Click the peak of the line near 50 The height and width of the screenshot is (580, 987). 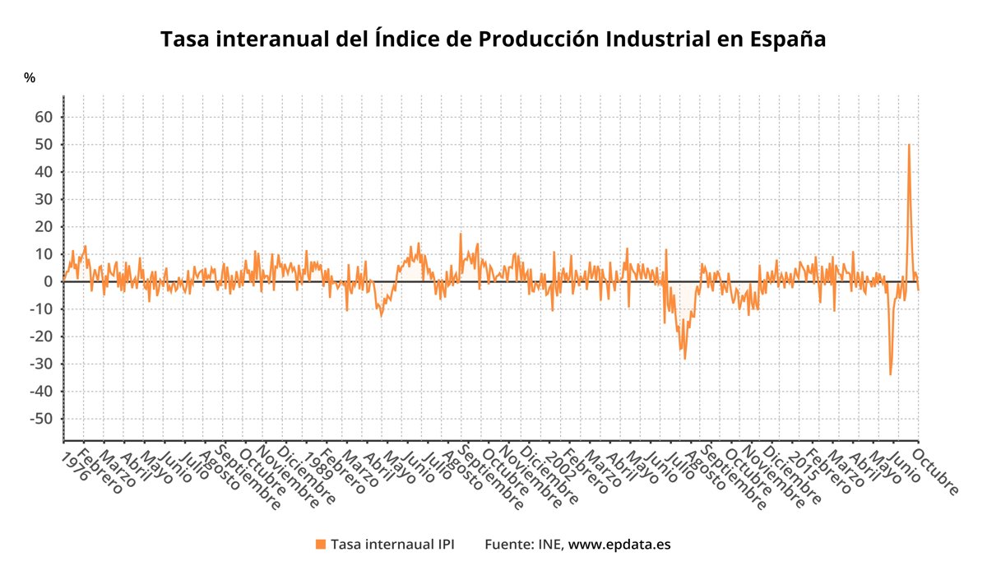point(909,145)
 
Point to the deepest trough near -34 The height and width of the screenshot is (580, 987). point(890,374)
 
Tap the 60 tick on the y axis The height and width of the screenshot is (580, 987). point(44,117)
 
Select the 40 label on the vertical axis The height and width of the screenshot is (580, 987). point(44,172)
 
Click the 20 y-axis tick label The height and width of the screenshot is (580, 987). point(44,226)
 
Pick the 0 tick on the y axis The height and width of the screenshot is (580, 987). point(49,281)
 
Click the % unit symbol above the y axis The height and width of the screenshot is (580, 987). point(30,78)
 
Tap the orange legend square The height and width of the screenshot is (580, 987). point(321,544)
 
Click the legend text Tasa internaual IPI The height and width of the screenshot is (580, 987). point(392,544)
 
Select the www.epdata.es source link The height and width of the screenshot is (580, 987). point(619,544)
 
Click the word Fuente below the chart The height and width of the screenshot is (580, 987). point(508,544)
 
